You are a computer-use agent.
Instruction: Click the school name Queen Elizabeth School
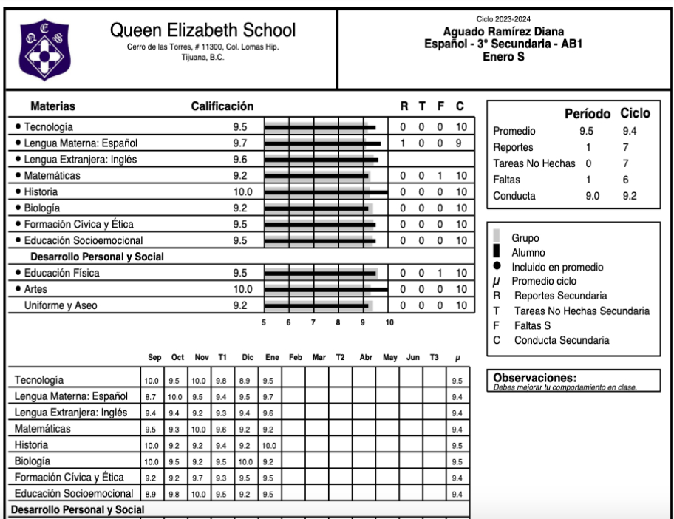coord(202,31)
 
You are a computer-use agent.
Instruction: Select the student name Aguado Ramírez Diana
coord(503,32)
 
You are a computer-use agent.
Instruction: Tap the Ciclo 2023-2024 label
coord(503,19)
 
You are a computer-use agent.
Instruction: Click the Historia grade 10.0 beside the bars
coord(242,192)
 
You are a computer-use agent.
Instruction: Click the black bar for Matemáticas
coord(316,176)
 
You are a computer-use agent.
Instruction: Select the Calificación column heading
coord(222,106)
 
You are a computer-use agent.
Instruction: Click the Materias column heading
coord(52,106)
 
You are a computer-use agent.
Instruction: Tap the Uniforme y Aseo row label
coord(61,305)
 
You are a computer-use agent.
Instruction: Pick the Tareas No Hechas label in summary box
coord(534,163)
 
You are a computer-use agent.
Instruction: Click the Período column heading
coord(588,115)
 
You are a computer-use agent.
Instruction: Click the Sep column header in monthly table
coord(154,358)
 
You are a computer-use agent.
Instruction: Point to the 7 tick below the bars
coord(313,322)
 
